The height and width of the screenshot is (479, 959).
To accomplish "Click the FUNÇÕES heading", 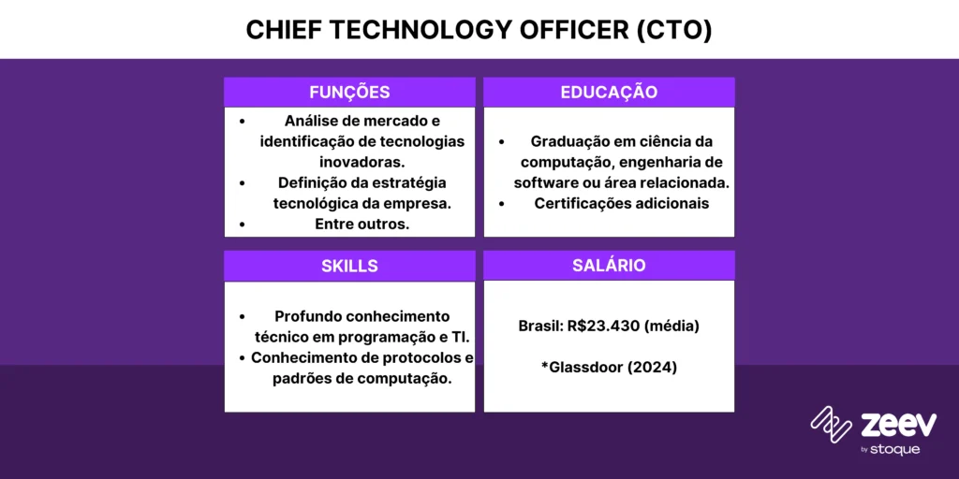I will point(349,93).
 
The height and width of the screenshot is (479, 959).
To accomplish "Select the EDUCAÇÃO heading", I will point(609,93).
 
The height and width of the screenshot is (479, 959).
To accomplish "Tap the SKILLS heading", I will point(349,266).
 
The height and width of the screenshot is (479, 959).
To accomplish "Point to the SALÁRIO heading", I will point(609,266).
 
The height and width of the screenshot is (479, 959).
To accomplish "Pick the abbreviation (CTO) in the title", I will point(673,30).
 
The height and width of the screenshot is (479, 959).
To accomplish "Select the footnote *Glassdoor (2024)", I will point(609,368).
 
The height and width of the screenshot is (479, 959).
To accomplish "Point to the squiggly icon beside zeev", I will point(831,424).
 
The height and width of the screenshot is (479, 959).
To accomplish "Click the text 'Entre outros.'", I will point(362,224).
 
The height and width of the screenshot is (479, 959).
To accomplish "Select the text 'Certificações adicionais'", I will point(622,203).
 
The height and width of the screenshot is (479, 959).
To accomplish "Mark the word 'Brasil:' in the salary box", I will point(540,327).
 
